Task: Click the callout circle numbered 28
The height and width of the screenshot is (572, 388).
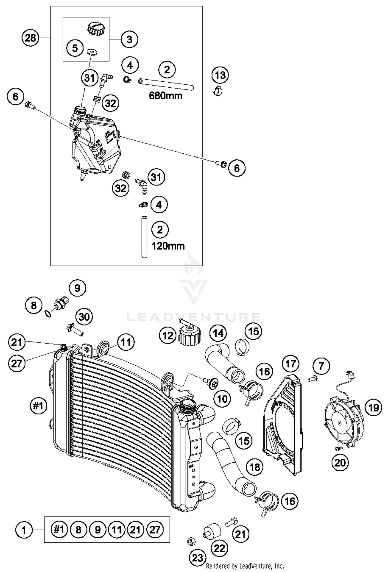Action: [30, 38]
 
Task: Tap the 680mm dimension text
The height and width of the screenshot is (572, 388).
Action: [166, 96]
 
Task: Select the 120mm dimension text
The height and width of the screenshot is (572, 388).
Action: [168, 246]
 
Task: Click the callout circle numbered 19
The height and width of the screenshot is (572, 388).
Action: [373, 408]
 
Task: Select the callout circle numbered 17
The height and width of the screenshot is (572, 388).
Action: [291, 364]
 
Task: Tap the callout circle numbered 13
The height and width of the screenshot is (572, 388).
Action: [220, 75]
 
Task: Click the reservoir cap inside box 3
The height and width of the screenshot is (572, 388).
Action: [96, 28]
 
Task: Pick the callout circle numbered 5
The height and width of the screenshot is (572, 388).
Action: [75, 48]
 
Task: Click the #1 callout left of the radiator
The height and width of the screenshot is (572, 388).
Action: [38, 406]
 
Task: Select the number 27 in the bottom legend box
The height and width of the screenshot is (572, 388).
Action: [155, 530]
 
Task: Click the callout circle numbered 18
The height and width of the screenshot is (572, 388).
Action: [255, 467]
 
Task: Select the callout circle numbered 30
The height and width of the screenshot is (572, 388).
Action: [84, 317]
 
